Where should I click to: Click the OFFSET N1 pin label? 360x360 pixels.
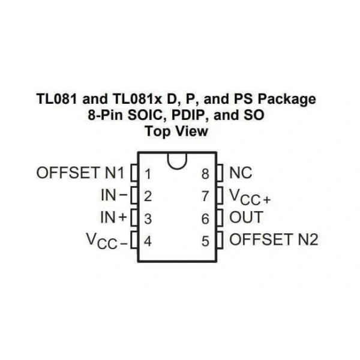(80, 173)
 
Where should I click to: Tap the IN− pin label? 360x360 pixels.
(114, 195)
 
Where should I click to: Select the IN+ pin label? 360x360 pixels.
(113, 217)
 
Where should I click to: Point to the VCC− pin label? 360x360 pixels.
(107, 241)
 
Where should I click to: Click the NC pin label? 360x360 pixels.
(241, 173)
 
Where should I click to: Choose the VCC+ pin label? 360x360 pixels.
(250, 197)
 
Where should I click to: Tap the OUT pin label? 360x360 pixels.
(246, 217)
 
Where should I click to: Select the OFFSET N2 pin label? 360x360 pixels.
(274, 239)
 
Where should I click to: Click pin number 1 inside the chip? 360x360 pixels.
(148, 174)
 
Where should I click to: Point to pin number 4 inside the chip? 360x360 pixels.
(148, 241)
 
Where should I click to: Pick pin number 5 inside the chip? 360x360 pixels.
(205, 241)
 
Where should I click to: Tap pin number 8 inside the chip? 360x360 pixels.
(205, 174)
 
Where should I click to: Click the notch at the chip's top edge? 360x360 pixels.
(177, 169)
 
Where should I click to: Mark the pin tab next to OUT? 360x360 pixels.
(220, 217)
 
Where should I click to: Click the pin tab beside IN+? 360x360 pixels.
(134, 217)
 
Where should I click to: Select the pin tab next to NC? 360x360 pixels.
(220, 173)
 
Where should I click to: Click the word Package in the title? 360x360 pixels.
(287, 99)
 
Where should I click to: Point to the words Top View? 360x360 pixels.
(176, 131)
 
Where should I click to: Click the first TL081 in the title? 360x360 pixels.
(57, 99)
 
